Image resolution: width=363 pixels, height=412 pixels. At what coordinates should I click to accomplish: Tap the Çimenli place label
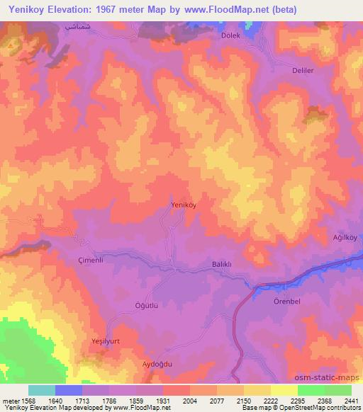coord(91,260)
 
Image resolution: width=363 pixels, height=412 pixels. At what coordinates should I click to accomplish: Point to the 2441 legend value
coord(351,400)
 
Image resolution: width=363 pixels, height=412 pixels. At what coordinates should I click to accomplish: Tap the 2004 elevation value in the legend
coord(175,400)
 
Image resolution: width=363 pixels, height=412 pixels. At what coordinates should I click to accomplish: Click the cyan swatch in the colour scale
coord(42,390)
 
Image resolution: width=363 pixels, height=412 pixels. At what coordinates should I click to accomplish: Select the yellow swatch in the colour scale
coord(284,390)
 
